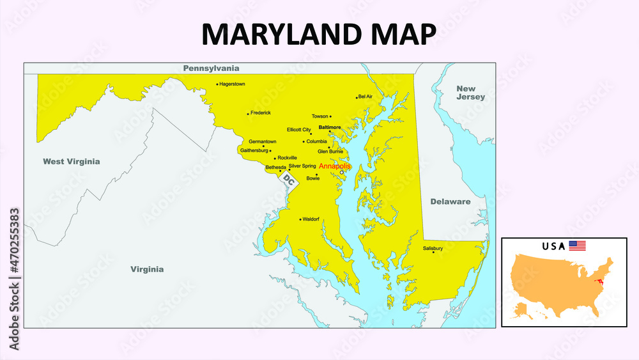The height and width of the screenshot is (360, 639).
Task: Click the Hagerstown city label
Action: point(232,84)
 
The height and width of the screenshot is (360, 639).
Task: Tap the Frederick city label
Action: point(261,113)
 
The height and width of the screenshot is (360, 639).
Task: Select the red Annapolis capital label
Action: point(335,166)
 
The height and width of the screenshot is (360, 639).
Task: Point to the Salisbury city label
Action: point(433,248)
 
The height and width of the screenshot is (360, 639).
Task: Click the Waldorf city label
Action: point(311,219)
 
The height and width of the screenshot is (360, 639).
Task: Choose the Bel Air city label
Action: point(366,97)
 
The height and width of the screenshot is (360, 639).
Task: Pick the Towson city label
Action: point(319,116)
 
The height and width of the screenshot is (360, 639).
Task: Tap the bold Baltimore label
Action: point(329,127)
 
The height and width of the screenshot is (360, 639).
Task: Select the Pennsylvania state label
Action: point(211,68)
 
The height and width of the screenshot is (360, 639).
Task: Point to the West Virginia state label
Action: point(72,161)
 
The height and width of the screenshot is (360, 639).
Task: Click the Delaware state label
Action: point(450,201)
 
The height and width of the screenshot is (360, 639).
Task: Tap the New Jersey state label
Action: point(471,93)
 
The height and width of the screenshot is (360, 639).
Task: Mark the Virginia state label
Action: point(147,269)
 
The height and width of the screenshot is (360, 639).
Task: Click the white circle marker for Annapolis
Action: point(342,173)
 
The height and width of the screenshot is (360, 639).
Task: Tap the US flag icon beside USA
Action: point(578,246)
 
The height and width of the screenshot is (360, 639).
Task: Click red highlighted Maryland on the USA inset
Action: point(599,280)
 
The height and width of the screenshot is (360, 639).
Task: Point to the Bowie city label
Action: point(313,178)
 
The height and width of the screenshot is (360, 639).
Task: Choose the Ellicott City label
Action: point(299,130)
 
